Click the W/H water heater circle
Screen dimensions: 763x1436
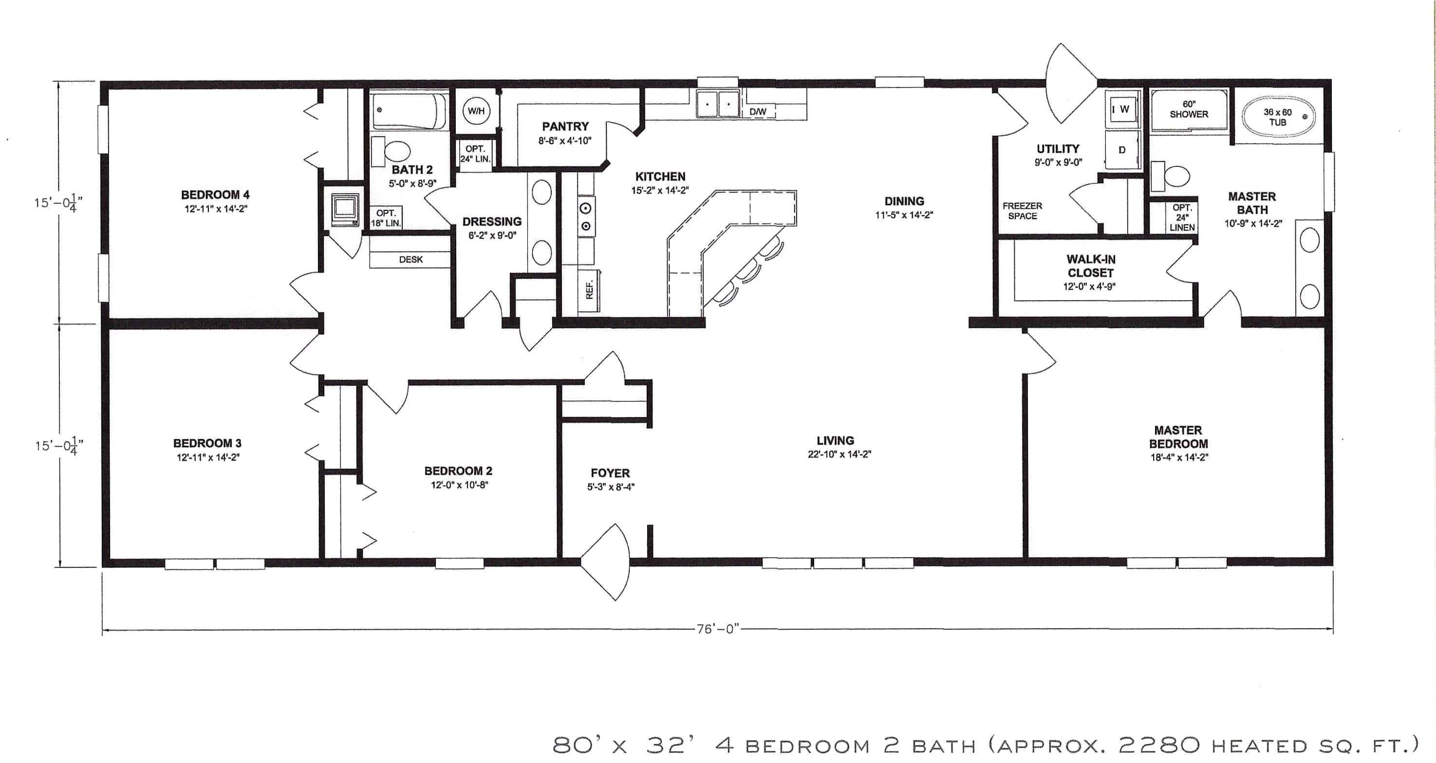(x=476, y=111)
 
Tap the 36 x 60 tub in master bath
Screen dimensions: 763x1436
(x=1277, y=117)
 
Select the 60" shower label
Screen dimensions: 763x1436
(x=1189, y=109)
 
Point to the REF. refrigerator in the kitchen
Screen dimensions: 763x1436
(x=589, y=289)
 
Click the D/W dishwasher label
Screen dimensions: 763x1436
(x=758, y=112)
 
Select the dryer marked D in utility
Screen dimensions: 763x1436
(x=1121, y=150)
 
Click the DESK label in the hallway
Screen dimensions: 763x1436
(x=411, y=259)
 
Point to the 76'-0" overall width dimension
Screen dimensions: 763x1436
(x=717, y=629)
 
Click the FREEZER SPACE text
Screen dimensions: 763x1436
(x=1022, y=211)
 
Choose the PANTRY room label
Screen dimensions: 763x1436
(x=565, y=127)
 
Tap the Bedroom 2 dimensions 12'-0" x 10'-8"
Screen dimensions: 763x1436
(x=459, y=485)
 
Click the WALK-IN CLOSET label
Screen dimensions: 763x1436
(x=1090, y=266)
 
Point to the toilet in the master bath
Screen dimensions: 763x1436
(x=1174, y=177)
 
